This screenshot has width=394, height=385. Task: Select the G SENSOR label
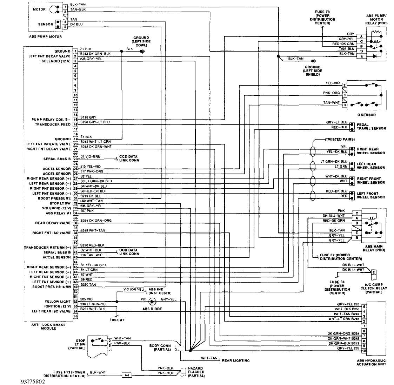pos(366,115)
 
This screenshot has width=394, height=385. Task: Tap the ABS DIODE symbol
pos(152,301)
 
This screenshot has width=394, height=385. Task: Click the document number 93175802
pos(33,381)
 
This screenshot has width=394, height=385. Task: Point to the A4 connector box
pos(127,375)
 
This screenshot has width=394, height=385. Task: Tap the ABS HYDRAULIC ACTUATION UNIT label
pos(371,362)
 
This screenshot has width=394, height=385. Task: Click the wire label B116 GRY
pos(88,117)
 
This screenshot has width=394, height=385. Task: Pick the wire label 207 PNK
pos(87,211)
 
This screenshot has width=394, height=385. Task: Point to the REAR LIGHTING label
pos(235,360)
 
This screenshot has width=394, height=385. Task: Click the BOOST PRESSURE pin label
pos(54,198)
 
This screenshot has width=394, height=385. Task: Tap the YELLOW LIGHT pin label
pos(58,302)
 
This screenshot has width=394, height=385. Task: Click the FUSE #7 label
pos(117,320)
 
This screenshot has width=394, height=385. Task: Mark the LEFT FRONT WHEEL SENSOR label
pos(370,195)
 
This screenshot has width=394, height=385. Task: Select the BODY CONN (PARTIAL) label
pos(160,347)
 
